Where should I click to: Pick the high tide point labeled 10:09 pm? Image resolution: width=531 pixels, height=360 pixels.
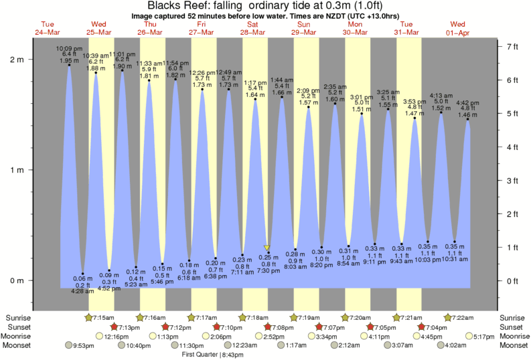pyautogui.click(x=68, y=66)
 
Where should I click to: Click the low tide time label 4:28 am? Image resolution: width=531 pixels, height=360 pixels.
pyautogui.click(x=83, y=290)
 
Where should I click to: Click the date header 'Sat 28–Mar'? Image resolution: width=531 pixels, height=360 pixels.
pyautogui.click(x=252, y=28)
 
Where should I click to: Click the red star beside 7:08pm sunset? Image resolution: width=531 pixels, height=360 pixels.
pyautogui.click(x=268, y=327)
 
